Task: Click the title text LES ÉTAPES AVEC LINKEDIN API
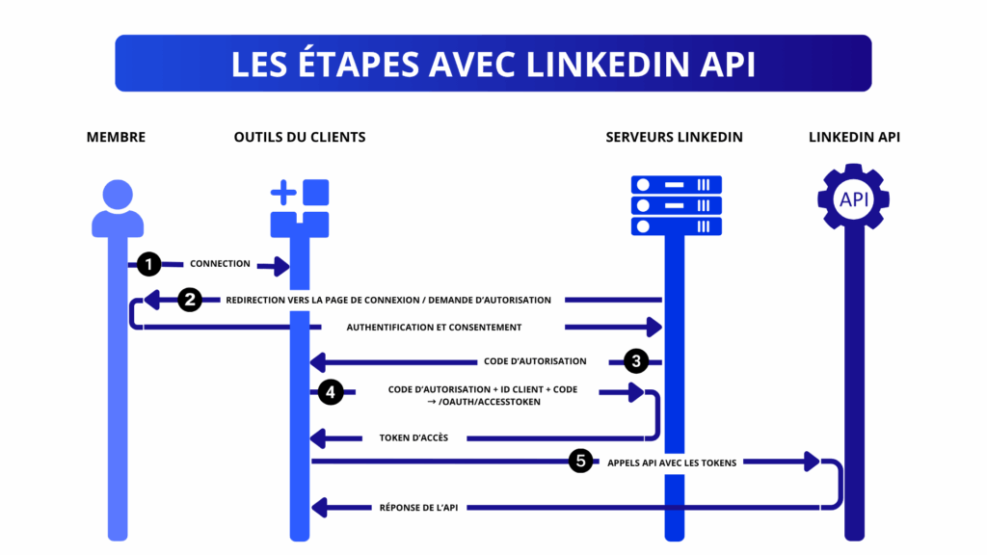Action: coord(493,64)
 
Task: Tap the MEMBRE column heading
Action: coord(116,137)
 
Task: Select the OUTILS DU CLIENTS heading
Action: coord(300,137)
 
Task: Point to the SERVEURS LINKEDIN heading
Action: coord(674,137)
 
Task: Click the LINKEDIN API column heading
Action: coord(854,137)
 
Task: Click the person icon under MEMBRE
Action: coord(118,208)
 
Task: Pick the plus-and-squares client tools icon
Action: coord(300,207)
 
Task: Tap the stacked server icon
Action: coord(676,205)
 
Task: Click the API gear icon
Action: coord(854,199)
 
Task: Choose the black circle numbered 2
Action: coord(190,300)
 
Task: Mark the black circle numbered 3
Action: coord(635,361)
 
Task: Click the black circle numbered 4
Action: coord(331,392)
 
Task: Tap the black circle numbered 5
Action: coord(579,462)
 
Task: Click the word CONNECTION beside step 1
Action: coord(220,264)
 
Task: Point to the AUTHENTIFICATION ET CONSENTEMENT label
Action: coord(434,328)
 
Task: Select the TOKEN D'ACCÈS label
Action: coord(413,438)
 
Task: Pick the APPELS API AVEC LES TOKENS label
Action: coord(672,462)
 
